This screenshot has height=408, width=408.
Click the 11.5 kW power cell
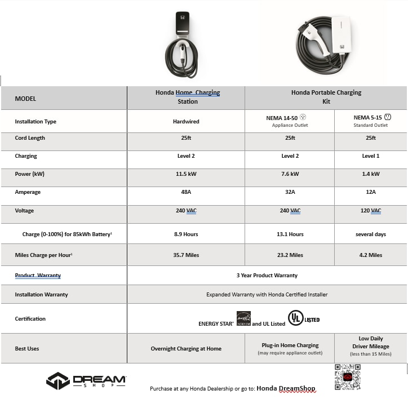185,174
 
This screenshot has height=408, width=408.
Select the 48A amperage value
185,192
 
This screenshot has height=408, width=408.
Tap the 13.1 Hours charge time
290,234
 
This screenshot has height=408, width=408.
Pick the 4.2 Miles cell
370,255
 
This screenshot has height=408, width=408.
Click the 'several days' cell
370,234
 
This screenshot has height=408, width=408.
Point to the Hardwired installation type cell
185,121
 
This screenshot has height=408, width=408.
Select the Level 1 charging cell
370,156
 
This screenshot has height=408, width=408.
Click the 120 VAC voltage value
370,211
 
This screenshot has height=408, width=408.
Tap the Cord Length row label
30,138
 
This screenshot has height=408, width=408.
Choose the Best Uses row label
27,349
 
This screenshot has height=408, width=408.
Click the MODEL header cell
25,99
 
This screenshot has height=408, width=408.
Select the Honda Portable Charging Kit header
326,97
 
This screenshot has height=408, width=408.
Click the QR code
347,377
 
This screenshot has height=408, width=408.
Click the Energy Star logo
243,318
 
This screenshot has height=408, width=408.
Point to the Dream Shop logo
86,381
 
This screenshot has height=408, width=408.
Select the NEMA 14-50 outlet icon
303,117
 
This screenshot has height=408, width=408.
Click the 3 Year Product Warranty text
267,276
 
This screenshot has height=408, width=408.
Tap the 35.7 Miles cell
185,255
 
